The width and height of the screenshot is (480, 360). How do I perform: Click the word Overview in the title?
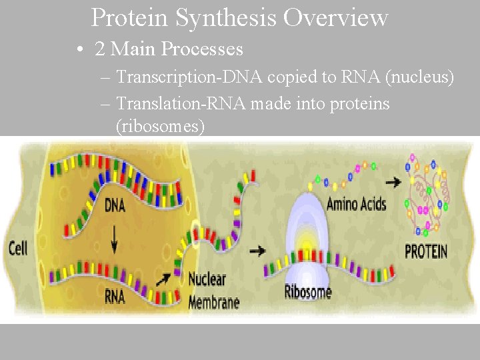(x=335, y=18)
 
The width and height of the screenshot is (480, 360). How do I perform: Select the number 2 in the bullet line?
(x=100, y=49)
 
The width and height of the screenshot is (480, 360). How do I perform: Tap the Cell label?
(x=18, y=249)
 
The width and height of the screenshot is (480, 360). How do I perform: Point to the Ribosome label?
(x=307, y=291)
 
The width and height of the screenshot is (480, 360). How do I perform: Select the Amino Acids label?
(x=356, y=204)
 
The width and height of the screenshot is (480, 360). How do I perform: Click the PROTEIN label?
(x=427, y=252)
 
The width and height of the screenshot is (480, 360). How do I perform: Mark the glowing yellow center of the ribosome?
(x=307, y=239)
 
